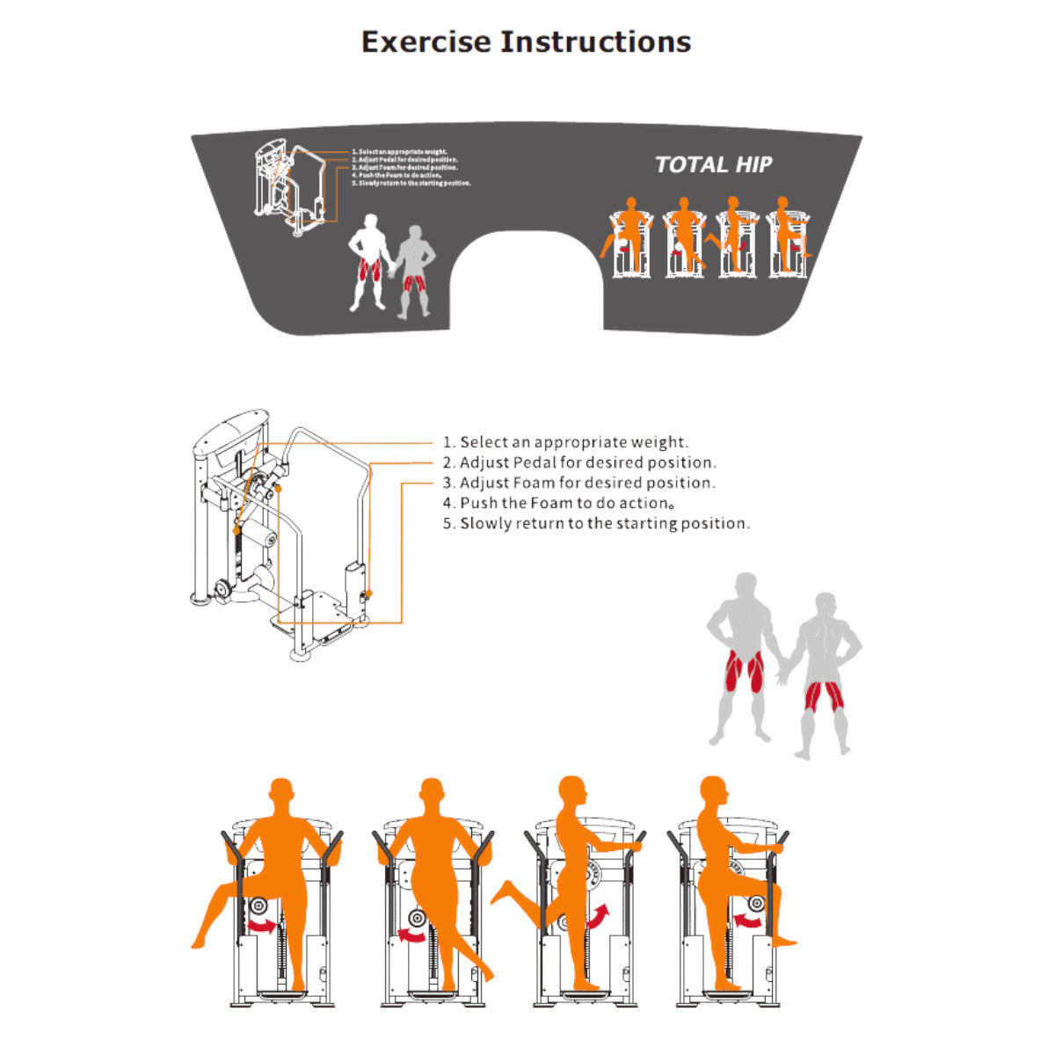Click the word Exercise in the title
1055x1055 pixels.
(426, 42)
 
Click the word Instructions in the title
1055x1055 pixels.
(596, 42)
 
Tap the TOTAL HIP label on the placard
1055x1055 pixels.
(713, 164)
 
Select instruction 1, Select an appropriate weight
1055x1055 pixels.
(574, 442)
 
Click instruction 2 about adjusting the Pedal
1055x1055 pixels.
(587, 462)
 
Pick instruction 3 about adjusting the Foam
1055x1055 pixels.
(587, 483)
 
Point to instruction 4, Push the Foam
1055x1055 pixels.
(567, 503)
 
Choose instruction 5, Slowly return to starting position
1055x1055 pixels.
(605, 523)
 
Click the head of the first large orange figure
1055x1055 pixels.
(280, 793)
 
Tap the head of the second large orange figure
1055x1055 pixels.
(431, 793)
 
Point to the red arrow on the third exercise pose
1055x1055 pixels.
(597, 917)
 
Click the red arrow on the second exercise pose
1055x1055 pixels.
(411, 934)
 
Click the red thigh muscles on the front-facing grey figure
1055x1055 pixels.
(744, 672)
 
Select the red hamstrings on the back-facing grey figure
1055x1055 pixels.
(824, 696)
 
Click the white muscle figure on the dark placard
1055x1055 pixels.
(369, 262)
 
